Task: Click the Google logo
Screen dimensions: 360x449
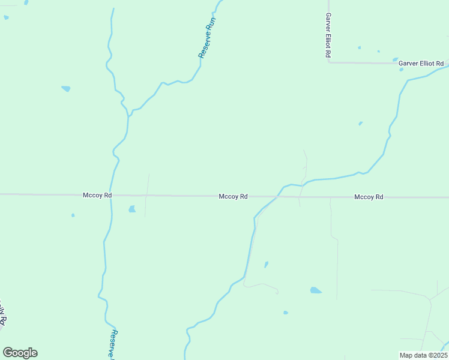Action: [x=20, y=353]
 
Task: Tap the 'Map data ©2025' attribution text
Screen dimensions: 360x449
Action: [x=423, y=355]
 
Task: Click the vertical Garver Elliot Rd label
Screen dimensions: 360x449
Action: [x=328, y=35]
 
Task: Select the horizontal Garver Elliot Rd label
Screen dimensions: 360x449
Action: [x=421, y=63]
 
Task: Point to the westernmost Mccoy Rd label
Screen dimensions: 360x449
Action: [x=97, y=196]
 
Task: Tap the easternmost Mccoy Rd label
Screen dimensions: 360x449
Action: [x=369, y=197]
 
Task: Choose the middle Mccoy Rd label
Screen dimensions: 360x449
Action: [x=234, y=196]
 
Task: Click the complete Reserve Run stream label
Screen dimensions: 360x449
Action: [x=207, y=38]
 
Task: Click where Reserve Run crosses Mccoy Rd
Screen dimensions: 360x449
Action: [x=110, y=195]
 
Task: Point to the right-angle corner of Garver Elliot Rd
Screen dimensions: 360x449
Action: [x=329, y=62]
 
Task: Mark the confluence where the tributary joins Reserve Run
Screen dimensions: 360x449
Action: [x=129, y=113]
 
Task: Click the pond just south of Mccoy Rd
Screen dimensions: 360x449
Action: [x=132, y=209]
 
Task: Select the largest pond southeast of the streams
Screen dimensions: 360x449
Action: [x=315, y=290]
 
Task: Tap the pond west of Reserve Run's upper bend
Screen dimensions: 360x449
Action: [x=66, y=89]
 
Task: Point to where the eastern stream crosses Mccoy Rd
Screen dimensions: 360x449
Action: [x=278, y=196]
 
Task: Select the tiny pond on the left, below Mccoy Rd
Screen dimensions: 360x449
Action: [x=73, y=215]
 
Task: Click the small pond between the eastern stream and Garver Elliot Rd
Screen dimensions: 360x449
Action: [x=360, y=124]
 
